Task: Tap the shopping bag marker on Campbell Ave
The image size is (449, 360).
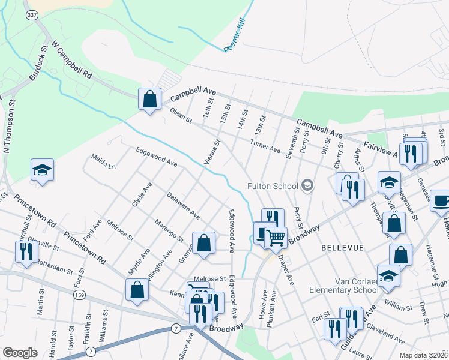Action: click(149, 99)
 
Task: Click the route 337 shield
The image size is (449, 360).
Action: click(31, 14)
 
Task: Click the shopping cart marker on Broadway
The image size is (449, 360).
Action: click(276, 238)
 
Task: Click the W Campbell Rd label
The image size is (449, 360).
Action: click(71, 60)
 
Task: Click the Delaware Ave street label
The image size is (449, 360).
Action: click(184, 205)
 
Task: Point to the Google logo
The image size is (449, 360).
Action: click(20, 353)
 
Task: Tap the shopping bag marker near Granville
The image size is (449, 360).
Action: click(203, 243)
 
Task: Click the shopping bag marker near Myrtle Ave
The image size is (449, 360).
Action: click(137, 290)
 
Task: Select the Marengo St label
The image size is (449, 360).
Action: click(170, 232)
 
